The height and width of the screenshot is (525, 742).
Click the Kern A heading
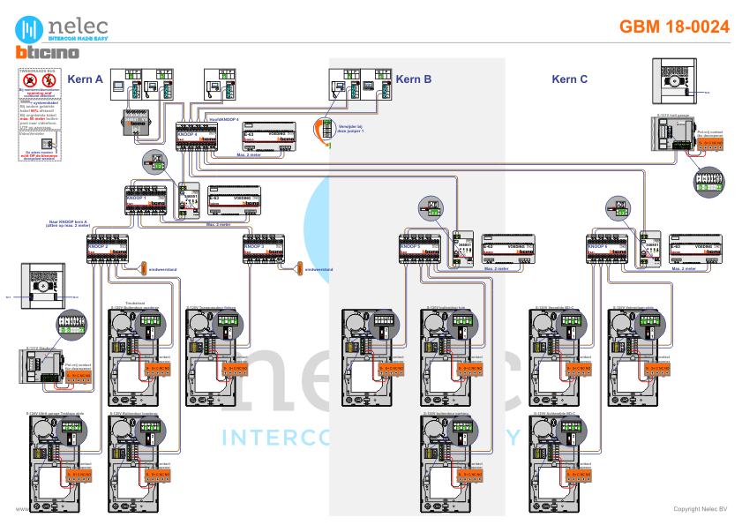pyautogui.click(x=86, y=79)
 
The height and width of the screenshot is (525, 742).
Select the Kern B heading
pyautogui.click(x=413, y=79)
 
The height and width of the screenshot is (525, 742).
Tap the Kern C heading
pyautogui.click(x=570, y=79)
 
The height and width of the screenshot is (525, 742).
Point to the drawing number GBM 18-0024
pyautogui.click(x=674, y=26)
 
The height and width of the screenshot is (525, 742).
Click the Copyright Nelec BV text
pyautogui.click(x=700, y=509)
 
